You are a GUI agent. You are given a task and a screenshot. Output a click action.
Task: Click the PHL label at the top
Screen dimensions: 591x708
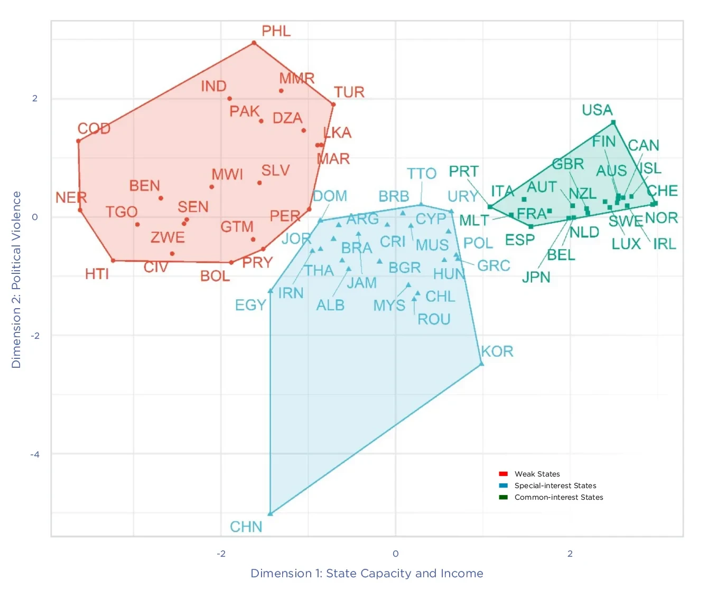tap(276, 31)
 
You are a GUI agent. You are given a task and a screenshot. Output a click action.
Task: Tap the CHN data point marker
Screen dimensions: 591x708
tap(270, 513)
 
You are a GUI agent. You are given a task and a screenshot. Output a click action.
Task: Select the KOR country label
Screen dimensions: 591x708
tap(497, 351)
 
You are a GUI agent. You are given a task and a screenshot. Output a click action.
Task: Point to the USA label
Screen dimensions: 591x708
tap(597, 110)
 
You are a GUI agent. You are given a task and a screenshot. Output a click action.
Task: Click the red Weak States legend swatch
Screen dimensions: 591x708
tap(503, 474)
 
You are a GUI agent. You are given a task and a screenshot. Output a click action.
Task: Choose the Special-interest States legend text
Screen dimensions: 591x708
tap(555, 485)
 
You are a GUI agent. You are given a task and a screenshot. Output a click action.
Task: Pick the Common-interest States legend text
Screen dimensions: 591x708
tap(558, 497)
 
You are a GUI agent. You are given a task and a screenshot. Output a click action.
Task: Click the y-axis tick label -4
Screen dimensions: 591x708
tap(34, 454)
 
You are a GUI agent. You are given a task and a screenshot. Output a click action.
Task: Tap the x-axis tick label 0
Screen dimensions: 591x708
tap(395, 554)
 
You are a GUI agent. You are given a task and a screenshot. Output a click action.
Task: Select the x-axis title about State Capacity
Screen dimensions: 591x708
tap(367, 574)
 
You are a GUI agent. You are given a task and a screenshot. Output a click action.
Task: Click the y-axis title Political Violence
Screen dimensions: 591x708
tap(16, 280)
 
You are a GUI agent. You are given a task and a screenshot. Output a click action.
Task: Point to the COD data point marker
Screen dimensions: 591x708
tap(78, 141)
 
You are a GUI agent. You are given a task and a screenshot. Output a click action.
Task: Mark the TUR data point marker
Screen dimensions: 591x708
tap(333, 104)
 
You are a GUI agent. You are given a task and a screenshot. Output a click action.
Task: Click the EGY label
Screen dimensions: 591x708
tap(250, 305)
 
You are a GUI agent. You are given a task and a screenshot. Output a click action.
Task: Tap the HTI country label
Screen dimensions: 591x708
tap(97, 274)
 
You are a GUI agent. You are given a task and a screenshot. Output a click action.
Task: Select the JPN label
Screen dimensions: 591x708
tap(536, 277)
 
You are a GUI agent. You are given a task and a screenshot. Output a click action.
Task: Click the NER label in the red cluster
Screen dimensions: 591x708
tap(71, 198)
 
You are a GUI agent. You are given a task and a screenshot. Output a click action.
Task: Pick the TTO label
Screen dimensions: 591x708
tap(421, 174)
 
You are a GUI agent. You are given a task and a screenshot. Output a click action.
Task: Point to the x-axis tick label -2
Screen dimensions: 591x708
tap(221, 554)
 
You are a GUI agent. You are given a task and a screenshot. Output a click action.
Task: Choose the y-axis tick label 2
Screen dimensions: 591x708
tap(35, 98)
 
